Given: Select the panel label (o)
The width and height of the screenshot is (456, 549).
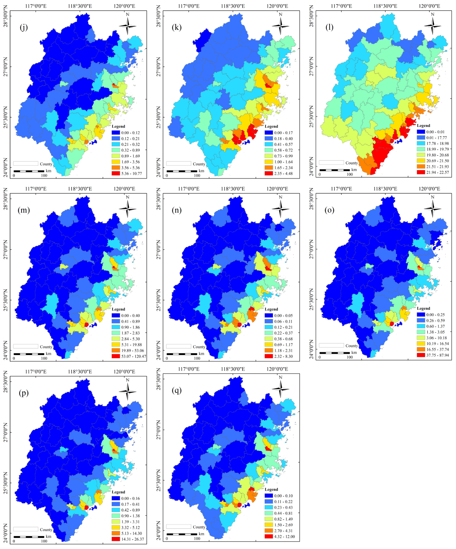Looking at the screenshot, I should (329, 210).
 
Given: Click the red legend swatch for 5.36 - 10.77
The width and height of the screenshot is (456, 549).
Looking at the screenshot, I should (116, 173).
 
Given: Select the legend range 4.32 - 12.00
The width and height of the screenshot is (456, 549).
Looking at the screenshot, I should (284, 536).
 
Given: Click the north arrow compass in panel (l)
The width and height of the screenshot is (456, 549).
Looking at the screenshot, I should (433, 26).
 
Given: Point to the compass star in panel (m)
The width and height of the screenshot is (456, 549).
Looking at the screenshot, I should (128, 209).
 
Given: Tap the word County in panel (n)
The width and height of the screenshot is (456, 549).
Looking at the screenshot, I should (199, 347).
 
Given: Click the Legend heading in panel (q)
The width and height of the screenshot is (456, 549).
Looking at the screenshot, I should (271, 489).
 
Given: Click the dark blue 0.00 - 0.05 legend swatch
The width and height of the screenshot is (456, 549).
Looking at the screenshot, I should (268, 315).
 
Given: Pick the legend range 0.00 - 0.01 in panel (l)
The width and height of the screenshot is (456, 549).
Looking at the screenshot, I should (435, 132).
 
